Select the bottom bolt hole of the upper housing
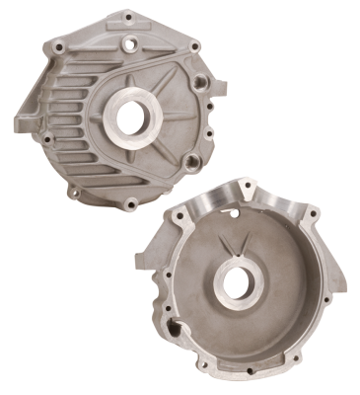click(x=131, y=204)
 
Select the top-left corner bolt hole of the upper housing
click(x=60, y=45)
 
